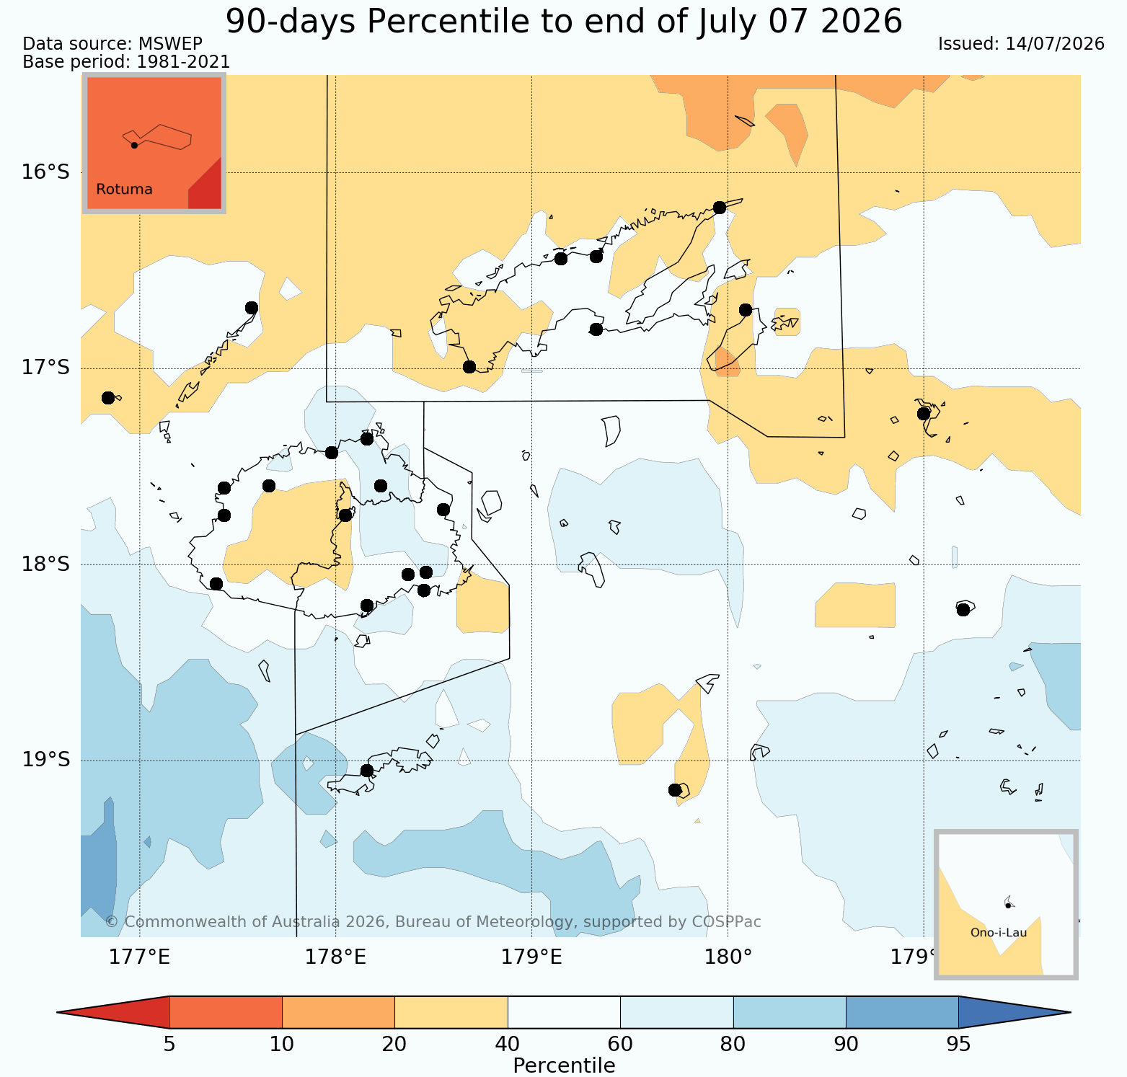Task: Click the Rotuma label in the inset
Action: coord(124,190)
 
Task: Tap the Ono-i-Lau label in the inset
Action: coord(999,933)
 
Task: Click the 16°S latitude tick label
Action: coord(45,172)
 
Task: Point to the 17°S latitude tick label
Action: coord(45,368)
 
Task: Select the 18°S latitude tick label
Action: coord(45,564)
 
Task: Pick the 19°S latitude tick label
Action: coord(45,761)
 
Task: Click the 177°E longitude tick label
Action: coord(139,957)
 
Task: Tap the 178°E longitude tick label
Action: coord(335,957)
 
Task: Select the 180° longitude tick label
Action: coord(728,957)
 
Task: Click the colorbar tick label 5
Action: coord(169,1045)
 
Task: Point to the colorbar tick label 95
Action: coord(958,1045)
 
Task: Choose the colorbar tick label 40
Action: coord(508,1045)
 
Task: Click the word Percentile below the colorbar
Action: coord(564,1066)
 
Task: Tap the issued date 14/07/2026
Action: coord(1055,44)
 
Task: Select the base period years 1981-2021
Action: coord(183,63)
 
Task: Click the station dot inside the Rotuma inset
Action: coord(134,145)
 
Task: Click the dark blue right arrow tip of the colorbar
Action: coord(1070,1012)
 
